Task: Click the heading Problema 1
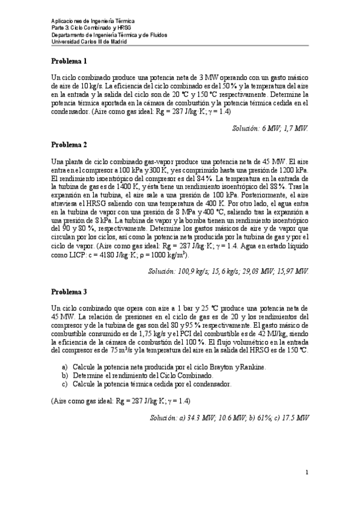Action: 69,61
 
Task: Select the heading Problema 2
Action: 69,144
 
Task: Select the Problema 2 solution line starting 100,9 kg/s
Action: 228,271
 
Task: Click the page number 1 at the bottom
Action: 307,472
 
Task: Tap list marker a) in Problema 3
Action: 64,366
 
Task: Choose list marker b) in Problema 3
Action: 64,375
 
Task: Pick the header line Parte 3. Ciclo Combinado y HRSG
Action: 90,28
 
